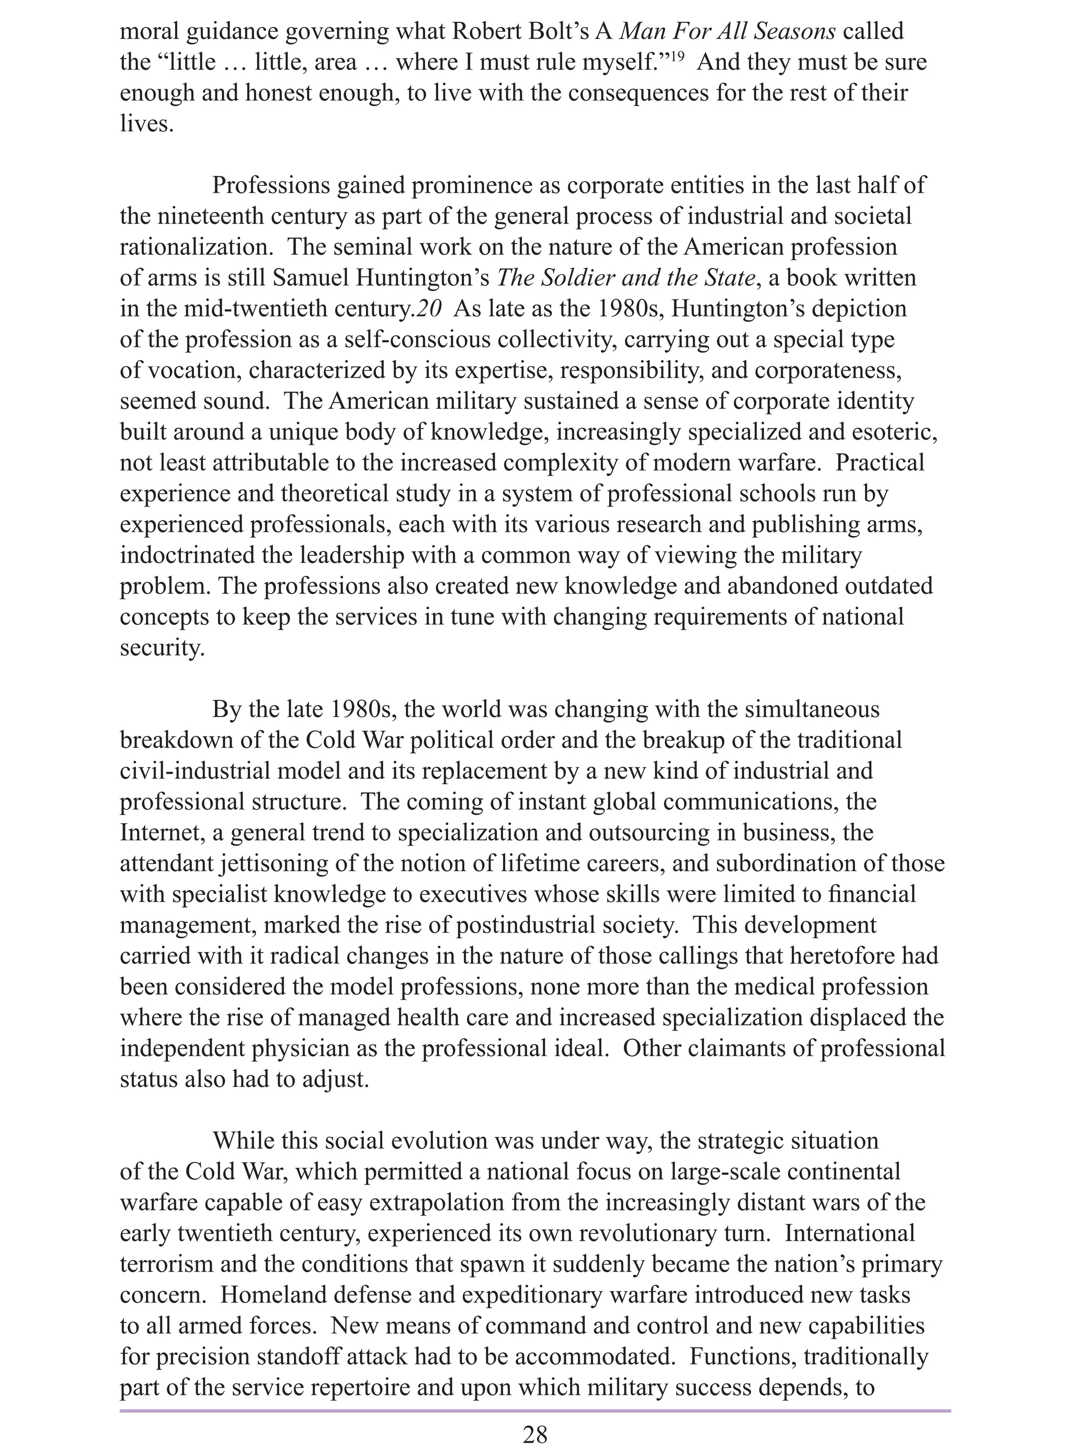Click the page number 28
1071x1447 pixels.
[535, 1418]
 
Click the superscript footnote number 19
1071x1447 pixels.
[677, 57]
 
